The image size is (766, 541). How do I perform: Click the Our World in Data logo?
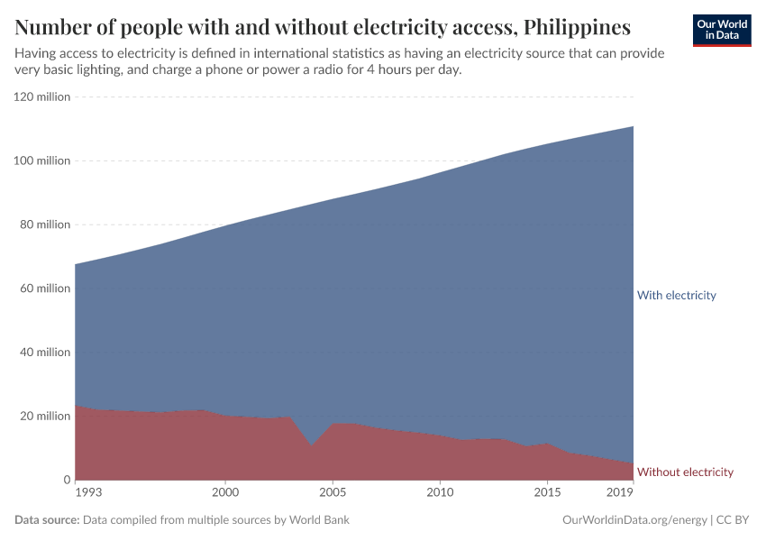tap(722, 31)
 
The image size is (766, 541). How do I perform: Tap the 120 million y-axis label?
tap(42, 96)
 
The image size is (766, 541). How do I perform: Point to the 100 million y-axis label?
tap(42, 160)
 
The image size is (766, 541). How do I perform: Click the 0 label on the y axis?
tap(66, 481)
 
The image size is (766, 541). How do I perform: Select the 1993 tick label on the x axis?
tap(88, 492)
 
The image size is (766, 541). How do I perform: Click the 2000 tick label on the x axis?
tap(225, 492)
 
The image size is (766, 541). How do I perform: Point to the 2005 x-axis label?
tap(333, 492)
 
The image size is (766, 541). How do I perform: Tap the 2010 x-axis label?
tap(440, 492)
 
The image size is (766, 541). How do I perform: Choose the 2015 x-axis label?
tap(547, 492)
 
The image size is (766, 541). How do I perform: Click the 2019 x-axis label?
tap(620, 492)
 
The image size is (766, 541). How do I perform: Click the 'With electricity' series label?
tap(676, 295)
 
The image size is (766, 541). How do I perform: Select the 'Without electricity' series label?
tap(685, 472)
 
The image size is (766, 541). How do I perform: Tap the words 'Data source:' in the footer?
tap(47, 520)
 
